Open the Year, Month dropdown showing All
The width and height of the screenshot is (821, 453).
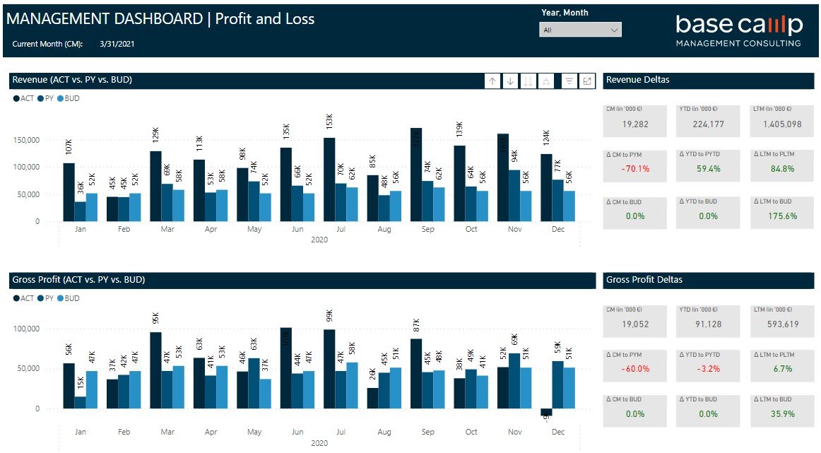[x=580, y=30]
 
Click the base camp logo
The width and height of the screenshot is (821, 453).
[x=738, y=30]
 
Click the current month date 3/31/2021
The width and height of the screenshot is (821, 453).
[x=117, y=44]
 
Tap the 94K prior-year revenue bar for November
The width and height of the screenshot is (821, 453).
[x=514, y=195]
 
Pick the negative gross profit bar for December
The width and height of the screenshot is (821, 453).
[x=546, y=412]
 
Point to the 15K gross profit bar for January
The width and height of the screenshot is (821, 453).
[x=81, y=402]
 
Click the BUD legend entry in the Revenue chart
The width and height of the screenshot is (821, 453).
[x=69, y=98]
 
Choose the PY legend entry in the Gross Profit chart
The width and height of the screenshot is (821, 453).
[x=46, y=298]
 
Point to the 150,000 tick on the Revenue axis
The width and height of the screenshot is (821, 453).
[x=26, y=140]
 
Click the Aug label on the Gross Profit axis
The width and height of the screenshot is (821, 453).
[x=384, y=432]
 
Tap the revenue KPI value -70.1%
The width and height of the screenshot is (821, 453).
[x=635, y=169]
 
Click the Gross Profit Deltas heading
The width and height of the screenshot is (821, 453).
[x=644, y=280]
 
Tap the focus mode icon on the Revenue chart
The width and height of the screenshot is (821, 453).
[x=587, y=81]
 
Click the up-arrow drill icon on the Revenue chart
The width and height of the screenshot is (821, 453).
[x=492, y=81]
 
